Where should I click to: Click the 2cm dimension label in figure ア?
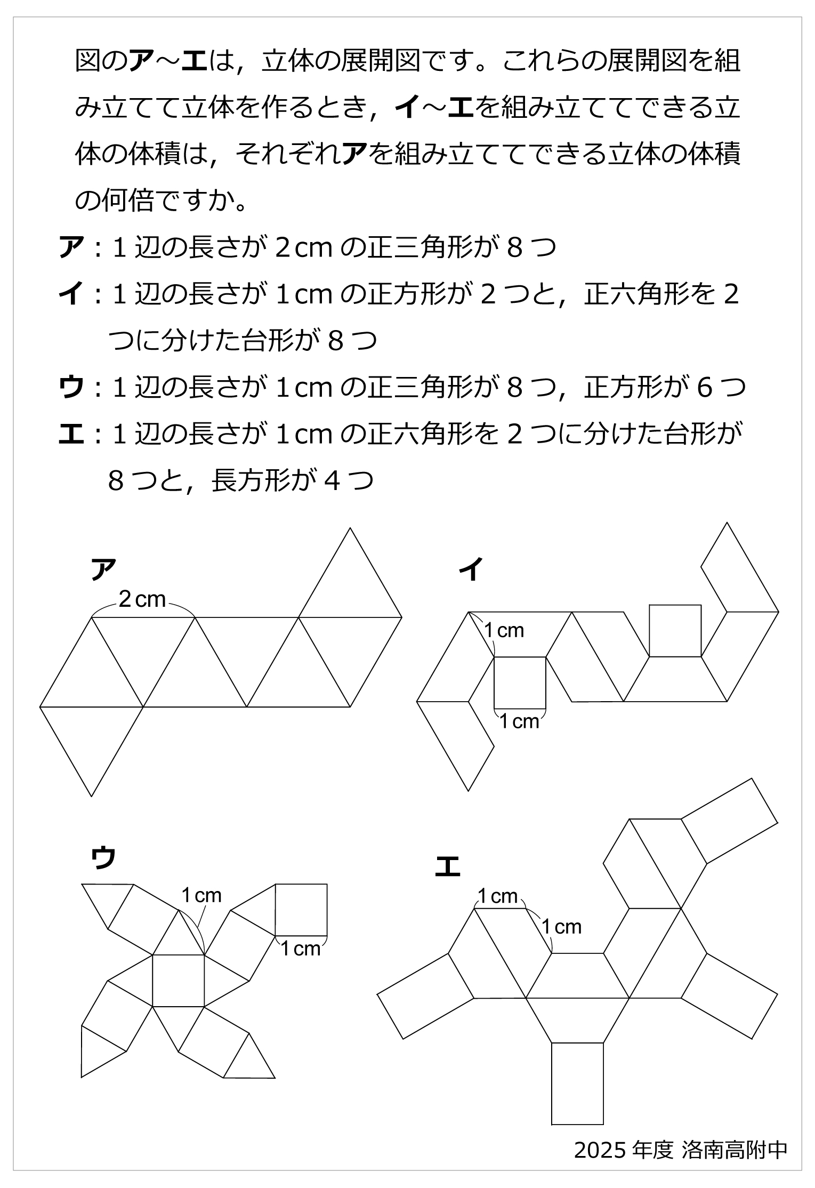(x=142, y=599)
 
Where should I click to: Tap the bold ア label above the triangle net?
(x=103, y=570)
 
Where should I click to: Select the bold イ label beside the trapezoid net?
(x=471, y=570)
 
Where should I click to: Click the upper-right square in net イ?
(x=675, y=630)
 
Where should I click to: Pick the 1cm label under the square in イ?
(x=519, y=721)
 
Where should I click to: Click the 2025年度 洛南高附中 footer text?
(x=680, y=1150)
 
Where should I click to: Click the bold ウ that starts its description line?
(x=71, y=388)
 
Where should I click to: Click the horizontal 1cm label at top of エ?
(x=497, y=896)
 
